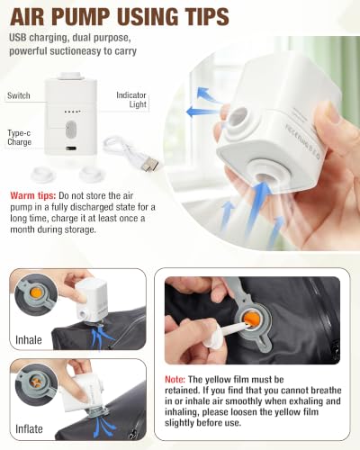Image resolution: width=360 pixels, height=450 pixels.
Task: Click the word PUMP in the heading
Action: point(80,16)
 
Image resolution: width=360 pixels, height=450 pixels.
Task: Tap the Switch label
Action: point(19,95)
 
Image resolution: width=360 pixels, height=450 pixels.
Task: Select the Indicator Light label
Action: point(131,100)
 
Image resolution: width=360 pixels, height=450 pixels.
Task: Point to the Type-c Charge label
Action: point(19,138)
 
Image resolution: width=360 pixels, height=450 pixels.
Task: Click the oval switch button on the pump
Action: point(71,130)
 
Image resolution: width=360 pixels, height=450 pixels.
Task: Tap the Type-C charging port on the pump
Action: point(71,148)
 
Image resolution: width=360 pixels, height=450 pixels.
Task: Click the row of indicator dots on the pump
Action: point(73,112)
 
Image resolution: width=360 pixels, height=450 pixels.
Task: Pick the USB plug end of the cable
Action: point(151,164)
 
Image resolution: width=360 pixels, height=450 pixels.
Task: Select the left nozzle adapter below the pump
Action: point(42,174)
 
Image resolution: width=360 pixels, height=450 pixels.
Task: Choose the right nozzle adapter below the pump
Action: point(91,174)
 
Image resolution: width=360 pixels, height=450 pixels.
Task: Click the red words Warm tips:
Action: point(33,196)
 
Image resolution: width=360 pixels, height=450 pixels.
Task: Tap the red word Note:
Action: point(175,380)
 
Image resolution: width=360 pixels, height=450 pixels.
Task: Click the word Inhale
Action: point(29,340)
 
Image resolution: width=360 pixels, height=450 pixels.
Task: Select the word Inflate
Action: point(29,429)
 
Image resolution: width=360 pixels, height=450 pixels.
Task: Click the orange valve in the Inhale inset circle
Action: point(37,292)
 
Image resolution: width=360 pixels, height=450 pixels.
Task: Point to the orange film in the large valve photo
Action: point(252,319)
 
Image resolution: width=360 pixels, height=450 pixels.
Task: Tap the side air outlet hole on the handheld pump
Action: point(237,118)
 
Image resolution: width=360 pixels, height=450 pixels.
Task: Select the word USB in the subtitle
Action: point(18,38)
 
